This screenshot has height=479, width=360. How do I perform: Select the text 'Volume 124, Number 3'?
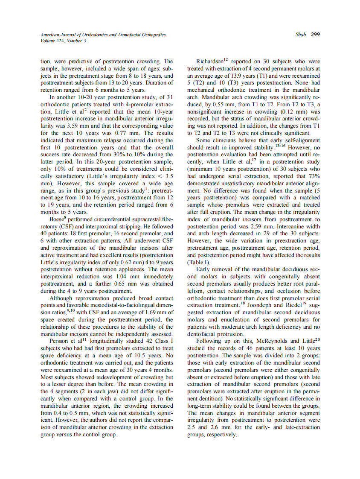(61, 41)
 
